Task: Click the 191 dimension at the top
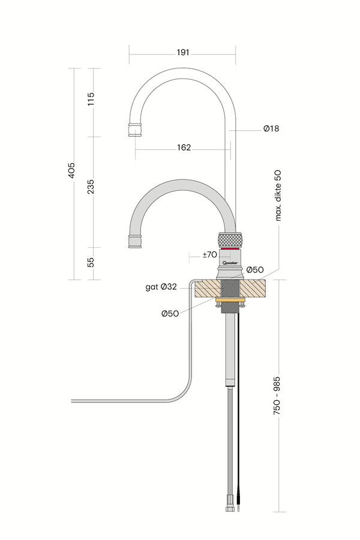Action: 183,53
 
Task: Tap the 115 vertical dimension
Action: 91,100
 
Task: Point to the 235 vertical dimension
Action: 91,187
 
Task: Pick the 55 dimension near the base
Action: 91,262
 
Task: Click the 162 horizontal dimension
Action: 184,148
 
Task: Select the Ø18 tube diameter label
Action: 271,128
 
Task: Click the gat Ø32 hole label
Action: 161,287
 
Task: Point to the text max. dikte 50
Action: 278,195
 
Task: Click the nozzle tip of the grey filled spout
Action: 134,242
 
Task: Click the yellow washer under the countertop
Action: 230,299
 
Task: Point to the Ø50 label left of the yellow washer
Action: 169,313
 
